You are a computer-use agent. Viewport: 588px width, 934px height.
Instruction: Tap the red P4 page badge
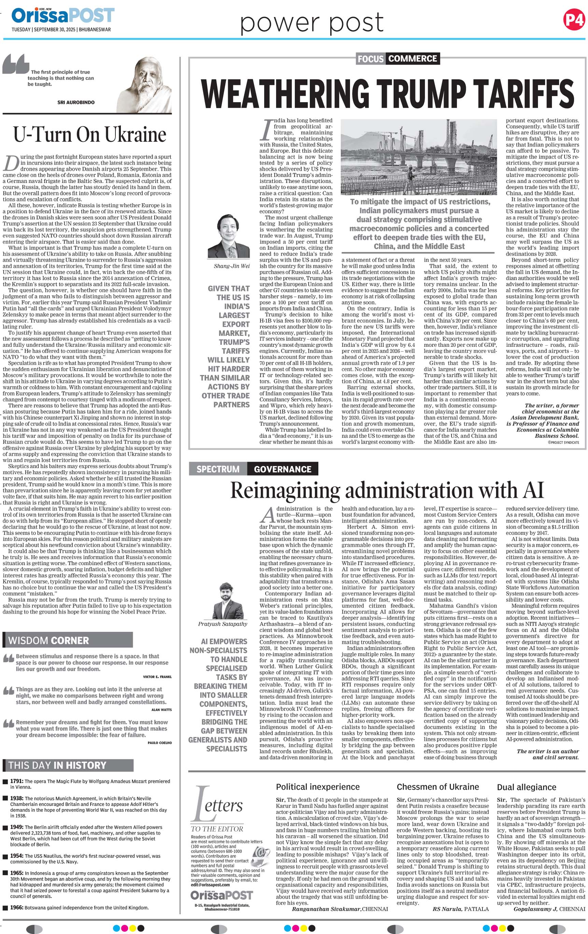click(574, 20)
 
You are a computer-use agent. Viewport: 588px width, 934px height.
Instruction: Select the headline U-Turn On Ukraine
click(89, 135)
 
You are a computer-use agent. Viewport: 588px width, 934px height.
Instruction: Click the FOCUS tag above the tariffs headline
click(370, 58)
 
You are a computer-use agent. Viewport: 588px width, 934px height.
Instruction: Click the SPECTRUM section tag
click(218, 469)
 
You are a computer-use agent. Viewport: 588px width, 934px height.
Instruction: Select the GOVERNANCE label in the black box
click(283, 469)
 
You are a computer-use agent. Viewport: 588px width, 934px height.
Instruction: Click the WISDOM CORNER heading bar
click(68, 640)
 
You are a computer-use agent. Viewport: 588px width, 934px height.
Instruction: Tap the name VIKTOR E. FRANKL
click(157, 676)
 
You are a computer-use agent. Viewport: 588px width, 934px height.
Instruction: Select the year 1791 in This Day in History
click(17, 781)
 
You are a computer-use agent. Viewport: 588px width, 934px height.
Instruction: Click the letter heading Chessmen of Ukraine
click(438, 786)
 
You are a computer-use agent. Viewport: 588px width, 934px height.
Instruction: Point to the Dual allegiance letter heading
click(527, 787)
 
